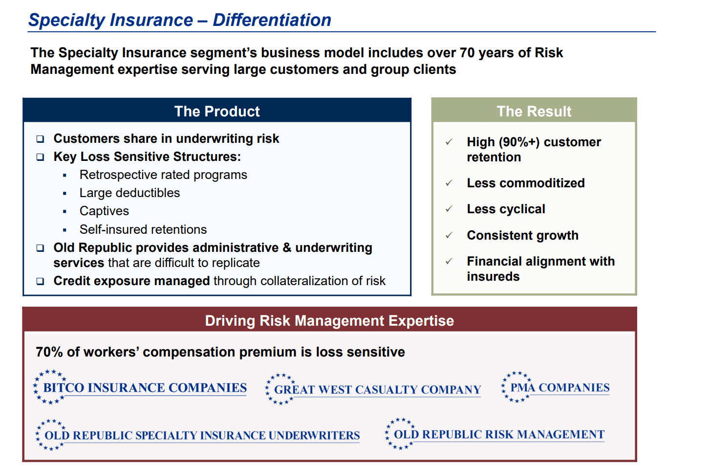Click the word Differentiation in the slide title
click(272, 20)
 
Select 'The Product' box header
click(217, 111)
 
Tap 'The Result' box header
click(534, 111)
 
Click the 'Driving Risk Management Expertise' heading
click(329, 320)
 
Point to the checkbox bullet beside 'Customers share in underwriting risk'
click(40, 139)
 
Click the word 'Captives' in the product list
click(104, 211)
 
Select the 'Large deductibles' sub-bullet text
click(129, 193)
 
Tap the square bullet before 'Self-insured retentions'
click(65, 230)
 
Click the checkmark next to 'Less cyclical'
click(449, 209)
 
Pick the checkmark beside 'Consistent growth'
click(449, 235)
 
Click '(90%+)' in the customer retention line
click(519, 142)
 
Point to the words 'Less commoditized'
click(526, 183)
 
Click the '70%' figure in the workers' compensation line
click(49, 352)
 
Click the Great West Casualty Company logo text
click(377, 390)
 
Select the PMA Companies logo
click(555, 387)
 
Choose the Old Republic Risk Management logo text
click(499, 434)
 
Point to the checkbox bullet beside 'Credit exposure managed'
click(40, 281)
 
